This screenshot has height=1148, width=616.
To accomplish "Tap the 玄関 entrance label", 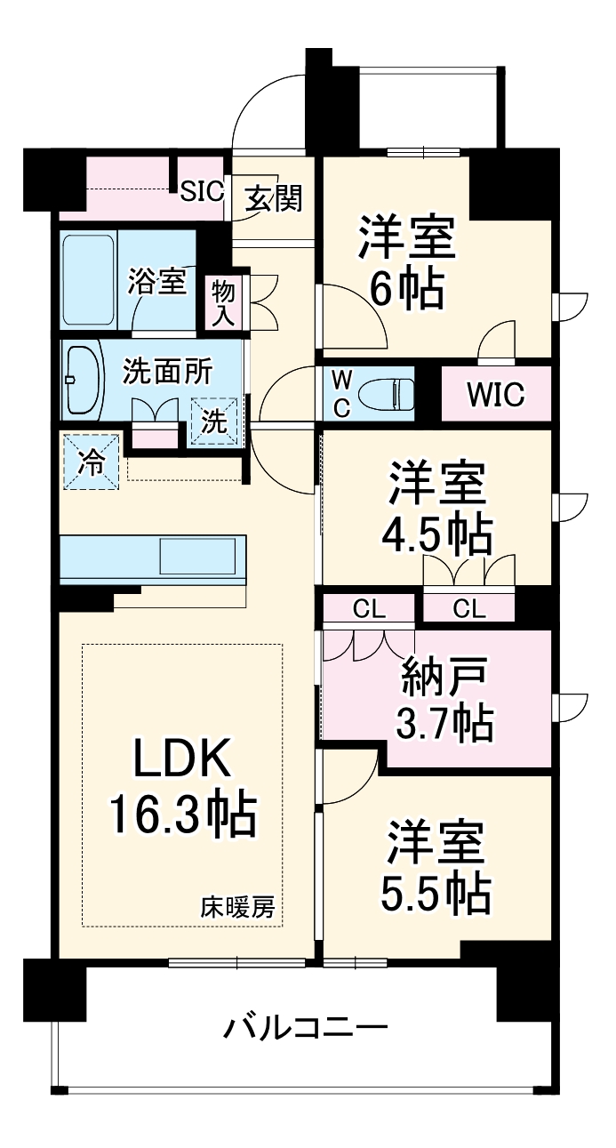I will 273,198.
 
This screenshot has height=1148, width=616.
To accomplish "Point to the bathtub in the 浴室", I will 89,280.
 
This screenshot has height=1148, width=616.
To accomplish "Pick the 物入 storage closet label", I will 221,301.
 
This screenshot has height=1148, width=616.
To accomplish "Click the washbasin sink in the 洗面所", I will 84,381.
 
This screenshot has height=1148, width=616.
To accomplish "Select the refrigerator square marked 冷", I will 91,462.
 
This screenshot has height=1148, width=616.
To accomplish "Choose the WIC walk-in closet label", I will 494,394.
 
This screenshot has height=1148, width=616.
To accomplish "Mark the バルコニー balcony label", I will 305,1029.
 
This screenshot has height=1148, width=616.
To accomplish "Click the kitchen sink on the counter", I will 201,557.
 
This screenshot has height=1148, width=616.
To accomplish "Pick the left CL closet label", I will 368,609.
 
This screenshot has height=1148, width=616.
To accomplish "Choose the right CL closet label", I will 468,609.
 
